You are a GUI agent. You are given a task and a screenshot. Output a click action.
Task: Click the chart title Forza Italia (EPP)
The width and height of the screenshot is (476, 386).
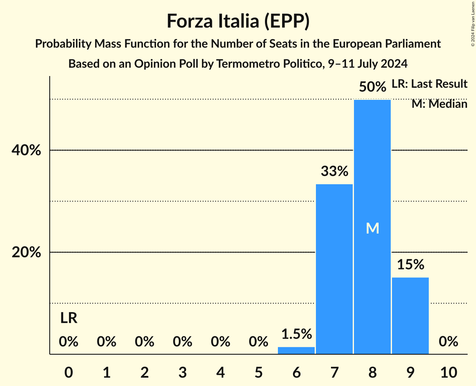click(238, 21)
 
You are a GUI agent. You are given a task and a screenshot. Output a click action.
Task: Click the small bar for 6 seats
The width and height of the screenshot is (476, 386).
click(296, 350)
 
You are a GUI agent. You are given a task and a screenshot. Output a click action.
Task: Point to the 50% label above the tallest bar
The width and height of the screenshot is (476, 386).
click(372, 87)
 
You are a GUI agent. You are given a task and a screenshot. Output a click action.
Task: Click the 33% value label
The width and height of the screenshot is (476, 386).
click(334, 171)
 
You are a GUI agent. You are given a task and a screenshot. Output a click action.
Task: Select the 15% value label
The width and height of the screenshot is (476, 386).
click(410, 264)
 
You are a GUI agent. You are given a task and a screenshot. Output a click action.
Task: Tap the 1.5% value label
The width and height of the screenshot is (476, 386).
click(296, 334)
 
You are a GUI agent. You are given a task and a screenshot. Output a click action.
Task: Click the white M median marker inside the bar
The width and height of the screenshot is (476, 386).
click(372, 228)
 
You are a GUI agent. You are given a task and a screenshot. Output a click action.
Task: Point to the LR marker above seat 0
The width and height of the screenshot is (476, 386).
click(69, 318)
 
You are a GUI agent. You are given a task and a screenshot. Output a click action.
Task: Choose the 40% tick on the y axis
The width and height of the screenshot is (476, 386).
click(26, 150)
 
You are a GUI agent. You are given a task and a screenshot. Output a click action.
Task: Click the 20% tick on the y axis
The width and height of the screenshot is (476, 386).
click(26, 253)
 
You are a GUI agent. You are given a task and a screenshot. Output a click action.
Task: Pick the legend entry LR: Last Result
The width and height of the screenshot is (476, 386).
click(429, 84)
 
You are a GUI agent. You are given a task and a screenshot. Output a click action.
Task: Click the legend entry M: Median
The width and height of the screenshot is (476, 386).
click(439, 104)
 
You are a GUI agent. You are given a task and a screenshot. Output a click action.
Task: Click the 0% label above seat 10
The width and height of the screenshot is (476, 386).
click(448, 342)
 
